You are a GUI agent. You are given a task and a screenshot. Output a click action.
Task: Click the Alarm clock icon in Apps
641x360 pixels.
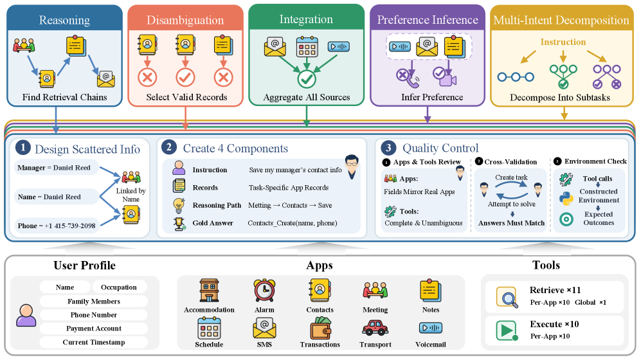[x=264, y=291]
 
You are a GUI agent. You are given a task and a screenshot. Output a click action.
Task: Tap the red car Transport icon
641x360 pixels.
[x=375, y=328]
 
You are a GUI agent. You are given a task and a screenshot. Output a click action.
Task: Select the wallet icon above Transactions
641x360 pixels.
[x=320, y=328]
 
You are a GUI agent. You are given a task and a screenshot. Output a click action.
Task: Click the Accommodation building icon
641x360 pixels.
[x=209, y=291]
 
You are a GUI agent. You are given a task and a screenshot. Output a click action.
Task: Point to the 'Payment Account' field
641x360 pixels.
[x=94, y=328]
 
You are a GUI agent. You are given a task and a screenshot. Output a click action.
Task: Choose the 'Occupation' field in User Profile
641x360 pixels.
[x=118, y=287]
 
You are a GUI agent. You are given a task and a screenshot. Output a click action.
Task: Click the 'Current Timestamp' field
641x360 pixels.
[x=94, y=343]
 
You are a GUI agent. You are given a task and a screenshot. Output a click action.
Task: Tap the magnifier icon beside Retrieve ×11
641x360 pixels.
[x=507, y=297]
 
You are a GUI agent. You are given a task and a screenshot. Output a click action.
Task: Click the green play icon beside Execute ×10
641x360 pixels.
[x=507, y=330]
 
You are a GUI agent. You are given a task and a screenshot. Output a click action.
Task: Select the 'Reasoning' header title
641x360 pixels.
[x=64, y=20]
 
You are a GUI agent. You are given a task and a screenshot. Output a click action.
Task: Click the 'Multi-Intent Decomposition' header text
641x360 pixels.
[x=561, y=20]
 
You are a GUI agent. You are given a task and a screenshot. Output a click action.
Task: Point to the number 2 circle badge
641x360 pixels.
[x=169, y=147]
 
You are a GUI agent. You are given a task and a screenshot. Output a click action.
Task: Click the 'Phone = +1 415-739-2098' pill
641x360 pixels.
[x=57, y=226]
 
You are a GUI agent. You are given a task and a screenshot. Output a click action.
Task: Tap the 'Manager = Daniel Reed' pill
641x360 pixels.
[x=54, y=168]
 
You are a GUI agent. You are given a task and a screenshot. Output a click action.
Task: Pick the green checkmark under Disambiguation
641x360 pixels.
[x=185, y=78]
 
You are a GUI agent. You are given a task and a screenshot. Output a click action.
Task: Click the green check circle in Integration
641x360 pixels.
[x=307, y=79]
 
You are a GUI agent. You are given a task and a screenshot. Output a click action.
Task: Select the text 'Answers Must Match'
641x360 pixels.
[x=511, y=223]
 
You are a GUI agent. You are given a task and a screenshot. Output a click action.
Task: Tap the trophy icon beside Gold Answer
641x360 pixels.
[x=179, y=224]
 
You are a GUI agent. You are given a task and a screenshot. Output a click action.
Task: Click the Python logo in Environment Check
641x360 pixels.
[x=566, y=199]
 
